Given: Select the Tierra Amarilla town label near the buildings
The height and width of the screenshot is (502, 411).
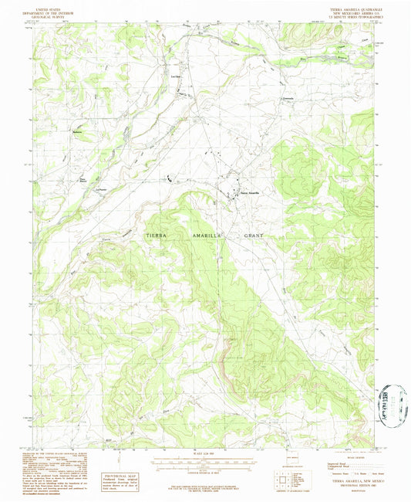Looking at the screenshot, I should pos(250,192).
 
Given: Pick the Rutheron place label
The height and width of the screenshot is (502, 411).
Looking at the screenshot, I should pos(77,131).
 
